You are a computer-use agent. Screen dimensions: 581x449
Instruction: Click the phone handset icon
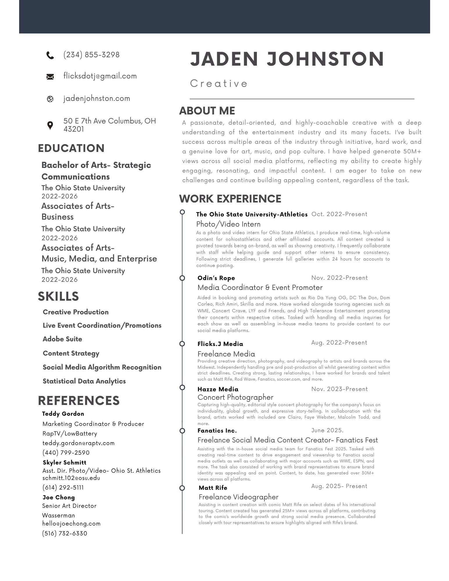click(x=50, y=55)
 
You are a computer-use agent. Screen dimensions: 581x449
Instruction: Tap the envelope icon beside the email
click(x=50, y=77)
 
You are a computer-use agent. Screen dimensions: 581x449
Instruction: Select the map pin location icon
click(x=50, y=125)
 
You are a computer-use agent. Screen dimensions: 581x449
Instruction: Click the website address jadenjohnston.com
click(x=97, y=98)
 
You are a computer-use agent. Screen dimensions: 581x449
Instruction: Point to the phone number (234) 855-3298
click(x=92, y=55)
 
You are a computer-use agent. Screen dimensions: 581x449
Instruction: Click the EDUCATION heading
click(x=71, y=148)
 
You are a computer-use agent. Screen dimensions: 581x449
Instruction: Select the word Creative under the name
click(x=219, y=84)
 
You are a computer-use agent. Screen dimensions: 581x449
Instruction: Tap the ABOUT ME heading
click(x=207, y=111)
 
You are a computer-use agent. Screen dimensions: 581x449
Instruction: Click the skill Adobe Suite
click(x=62, y=339)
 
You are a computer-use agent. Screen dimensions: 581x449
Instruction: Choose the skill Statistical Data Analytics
click(x=84, y=381)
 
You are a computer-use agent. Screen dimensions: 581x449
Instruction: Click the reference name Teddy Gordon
click(x=63, y=414)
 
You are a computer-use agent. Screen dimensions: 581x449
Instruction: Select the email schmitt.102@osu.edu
click(x=71, y=478)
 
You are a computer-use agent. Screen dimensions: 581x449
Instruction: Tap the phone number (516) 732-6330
click(x=65, y=533)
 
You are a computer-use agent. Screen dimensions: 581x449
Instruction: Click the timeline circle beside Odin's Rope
click(x=182, y=278)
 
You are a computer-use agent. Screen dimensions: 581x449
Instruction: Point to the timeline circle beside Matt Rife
click(x=182, y=488)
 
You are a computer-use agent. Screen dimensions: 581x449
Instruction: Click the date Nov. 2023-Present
click(x=339, y=389)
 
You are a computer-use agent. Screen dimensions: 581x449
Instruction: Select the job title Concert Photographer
click(x=235, y=397)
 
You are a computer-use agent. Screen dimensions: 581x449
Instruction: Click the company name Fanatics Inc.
click(x=217, y=431)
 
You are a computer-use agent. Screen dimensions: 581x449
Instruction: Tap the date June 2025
click(x=327, y=430)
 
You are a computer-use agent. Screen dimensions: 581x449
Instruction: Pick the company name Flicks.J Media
click(x=220, y=344)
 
